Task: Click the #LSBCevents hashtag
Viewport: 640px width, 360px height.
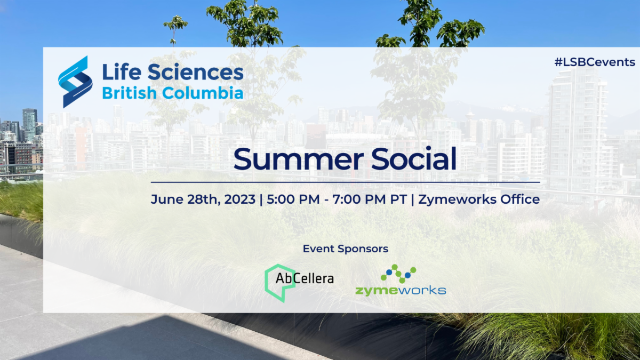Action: pyautogui.click(x=595, y=62)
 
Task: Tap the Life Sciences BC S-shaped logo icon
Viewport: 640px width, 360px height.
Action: pyautogui.click(x=75, y=82)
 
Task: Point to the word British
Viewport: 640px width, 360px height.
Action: pyautogui.click(x=130, y=93)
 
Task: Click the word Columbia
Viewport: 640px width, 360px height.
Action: pyautogui.click(x=203, y=93)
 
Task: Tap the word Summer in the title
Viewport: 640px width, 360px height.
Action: pyautogui.click(x=299, y=159)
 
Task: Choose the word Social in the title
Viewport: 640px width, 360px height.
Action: pyautogui.click(x=413, y=158)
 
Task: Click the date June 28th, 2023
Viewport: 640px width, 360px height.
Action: pyautogui.click(x=203, y=199)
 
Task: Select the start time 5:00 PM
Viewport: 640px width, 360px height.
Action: pyautogui.click(x=293, y=199)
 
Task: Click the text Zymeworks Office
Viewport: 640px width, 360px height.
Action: pyautogui.click(x=479, y=199)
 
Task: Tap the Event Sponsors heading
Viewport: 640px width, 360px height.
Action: pyautogui.click(x=346, y=249)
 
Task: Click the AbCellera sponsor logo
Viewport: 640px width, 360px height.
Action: pyautogui.click(x=299, y=283)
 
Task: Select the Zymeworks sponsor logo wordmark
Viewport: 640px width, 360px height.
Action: pyautogui.click(x=401, y=291)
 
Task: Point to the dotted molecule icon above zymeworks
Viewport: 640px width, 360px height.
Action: pyautogui.click(x=398, y=274)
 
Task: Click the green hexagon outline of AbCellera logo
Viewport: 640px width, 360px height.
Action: pyautogui.click(x=266, y=283)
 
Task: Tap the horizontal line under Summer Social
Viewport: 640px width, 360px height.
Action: pyautogui.click(x=346, y=182)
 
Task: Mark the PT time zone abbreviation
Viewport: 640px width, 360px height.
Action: pyautogui.click(x=398, y=199)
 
